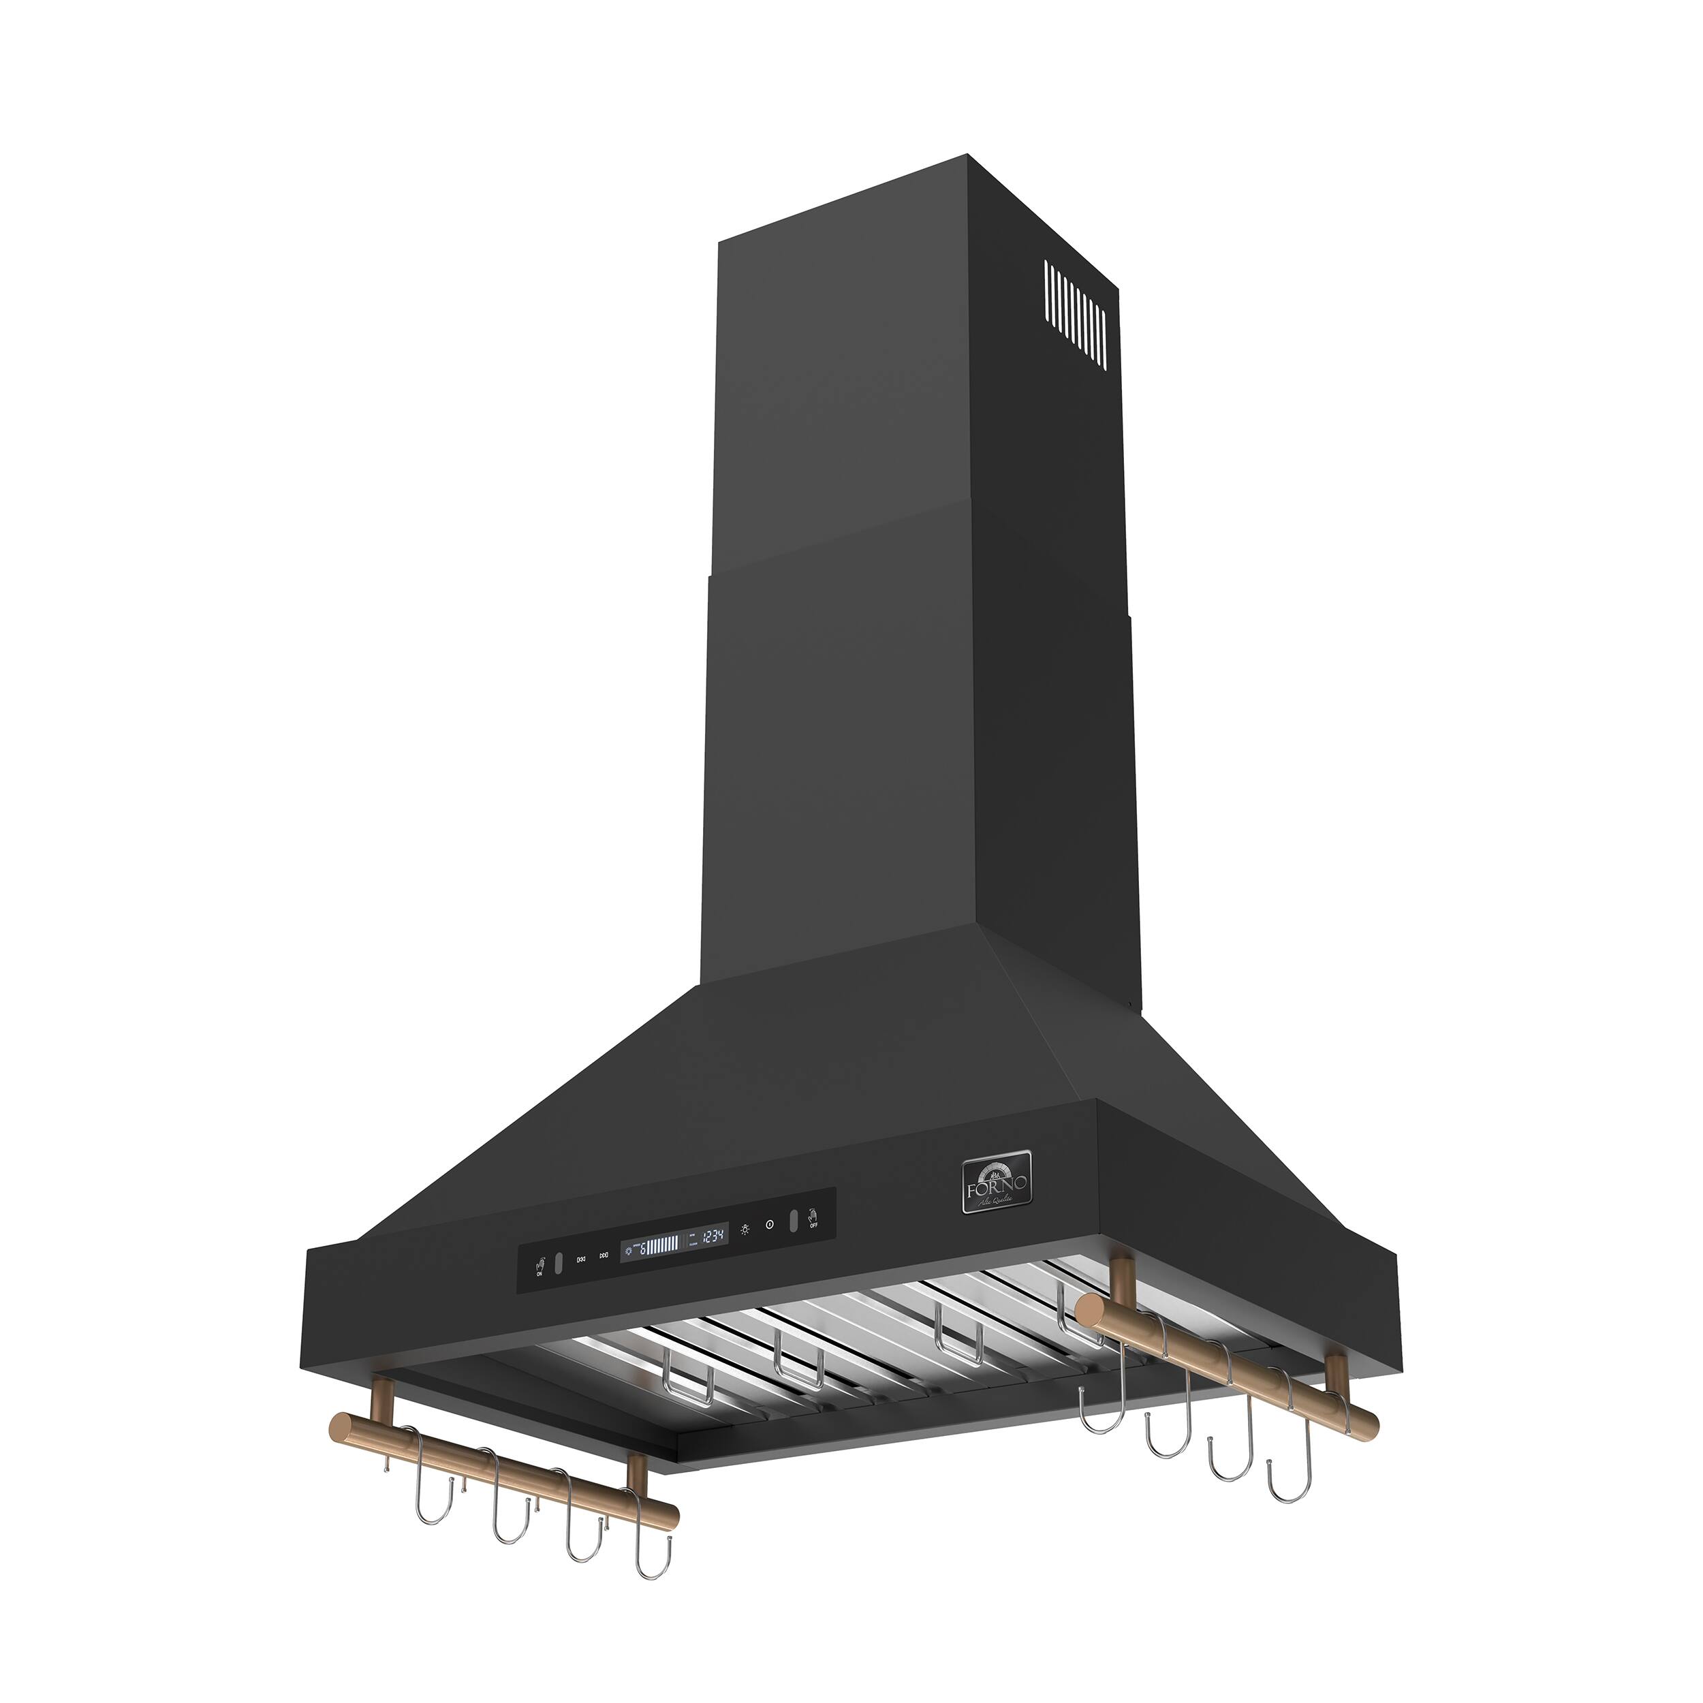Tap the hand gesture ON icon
pos(540,1266)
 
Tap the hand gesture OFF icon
pos(813,1217)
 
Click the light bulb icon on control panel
pos(745,1230)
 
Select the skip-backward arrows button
pos(582,1260)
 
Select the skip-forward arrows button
pos(604,1256)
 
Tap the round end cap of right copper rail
pos(1091,1311)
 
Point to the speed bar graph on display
pos(663,1245)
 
